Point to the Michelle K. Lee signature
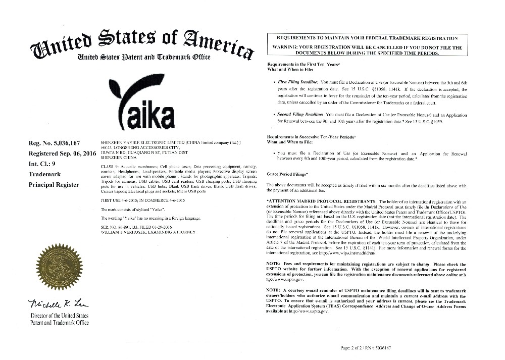pos(56,304)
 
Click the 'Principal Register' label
pos(54,185)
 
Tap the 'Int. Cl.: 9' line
pos(45,164)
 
